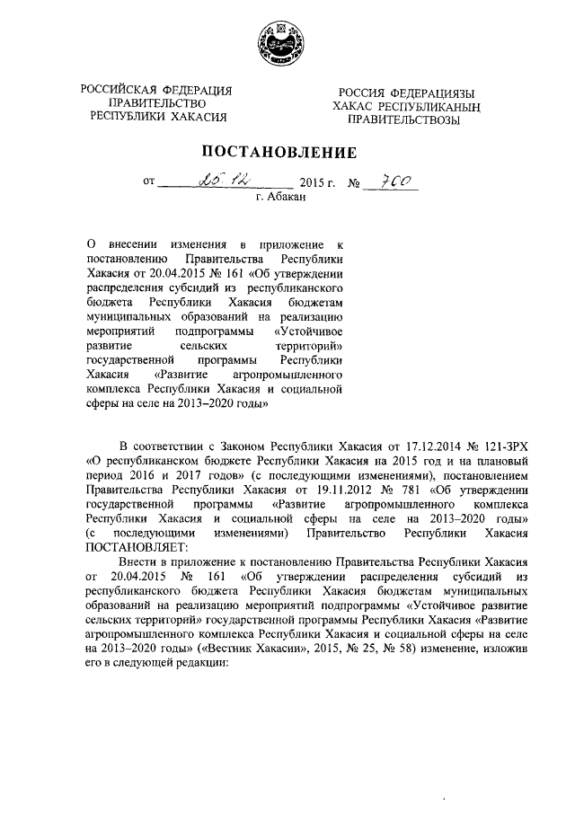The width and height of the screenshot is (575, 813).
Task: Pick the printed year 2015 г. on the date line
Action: point(316,183)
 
